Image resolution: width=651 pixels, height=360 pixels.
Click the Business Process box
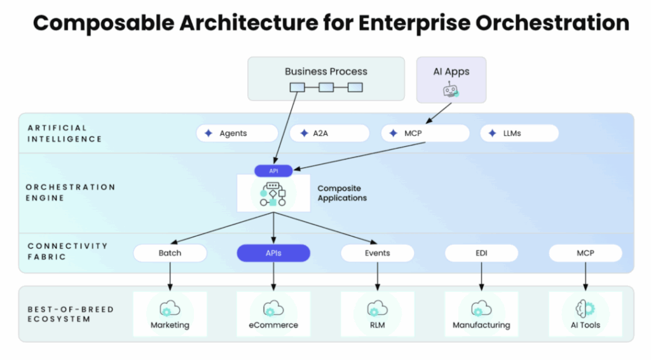325,78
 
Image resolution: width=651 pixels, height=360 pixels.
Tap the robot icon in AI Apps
451,91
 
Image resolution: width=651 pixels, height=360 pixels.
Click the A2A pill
329,134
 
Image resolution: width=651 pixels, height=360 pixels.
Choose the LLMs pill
519,134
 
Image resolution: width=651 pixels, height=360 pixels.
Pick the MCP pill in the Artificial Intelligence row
425,134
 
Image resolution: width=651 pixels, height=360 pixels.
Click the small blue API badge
273,170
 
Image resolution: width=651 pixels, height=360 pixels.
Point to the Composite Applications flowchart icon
273,194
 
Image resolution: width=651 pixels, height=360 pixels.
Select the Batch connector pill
170,253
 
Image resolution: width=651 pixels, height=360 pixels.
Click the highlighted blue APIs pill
273,253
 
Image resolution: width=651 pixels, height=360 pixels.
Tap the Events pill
377,253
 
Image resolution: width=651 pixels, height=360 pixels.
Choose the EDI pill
481,253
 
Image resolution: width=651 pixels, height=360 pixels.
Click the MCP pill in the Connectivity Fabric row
585,253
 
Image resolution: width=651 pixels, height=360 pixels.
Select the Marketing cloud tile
170,314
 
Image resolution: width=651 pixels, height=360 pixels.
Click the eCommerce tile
273,314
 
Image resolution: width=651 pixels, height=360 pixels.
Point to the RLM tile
377,314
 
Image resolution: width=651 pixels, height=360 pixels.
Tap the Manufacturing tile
481,314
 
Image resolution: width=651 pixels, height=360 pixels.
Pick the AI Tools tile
585,314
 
